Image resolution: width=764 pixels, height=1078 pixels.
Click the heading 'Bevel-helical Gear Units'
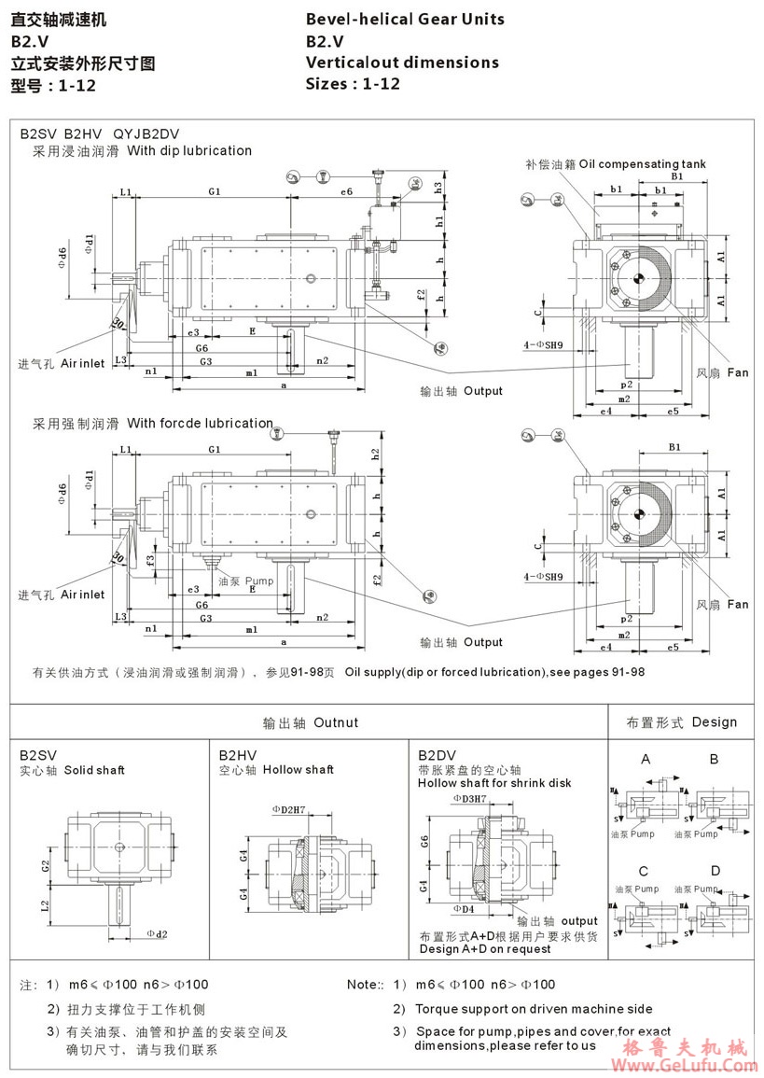click(x=405, y=19)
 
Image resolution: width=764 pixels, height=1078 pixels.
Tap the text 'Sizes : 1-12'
click(x=353, y=84)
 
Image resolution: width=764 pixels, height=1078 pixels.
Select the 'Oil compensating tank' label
click(x=642, y=164)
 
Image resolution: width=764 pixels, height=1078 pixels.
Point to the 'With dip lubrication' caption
click(x=189, y=150)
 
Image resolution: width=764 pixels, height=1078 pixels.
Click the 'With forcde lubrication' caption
click(x=200, y=423)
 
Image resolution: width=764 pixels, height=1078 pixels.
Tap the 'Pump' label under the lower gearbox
click(x=260, y=581)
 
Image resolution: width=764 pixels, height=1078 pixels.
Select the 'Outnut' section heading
click(x=336, y=722)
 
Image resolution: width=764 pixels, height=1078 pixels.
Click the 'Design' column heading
click(x=714, y=722)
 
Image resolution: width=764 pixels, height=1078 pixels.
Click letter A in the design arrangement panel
click(x=646, y=759)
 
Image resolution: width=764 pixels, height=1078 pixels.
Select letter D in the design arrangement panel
click(x=714, y=871)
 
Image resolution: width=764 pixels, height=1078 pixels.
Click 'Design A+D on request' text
click(x=484, y=949)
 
